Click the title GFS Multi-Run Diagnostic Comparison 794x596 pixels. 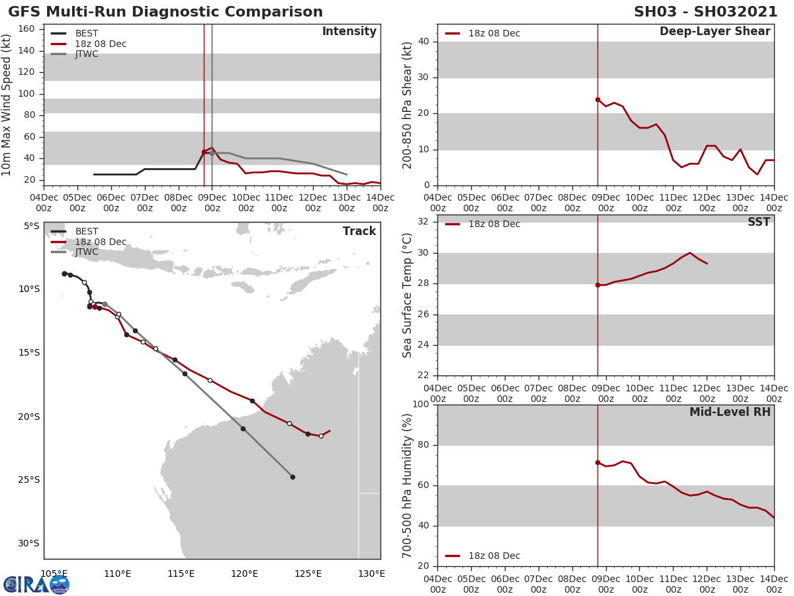(x=165, y=12)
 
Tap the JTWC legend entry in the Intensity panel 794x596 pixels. (x=87, y=54)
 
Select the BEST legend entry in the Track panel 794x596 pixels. (x=87, y=232)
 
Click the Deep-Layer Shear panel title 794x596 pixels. (x=715, y=32)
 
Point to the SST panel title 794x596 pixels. (x=758, y=223)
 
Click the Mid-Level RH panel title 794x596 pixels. (x=730, y=413)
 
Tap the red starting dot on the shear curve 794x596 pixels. (x=597, y=99)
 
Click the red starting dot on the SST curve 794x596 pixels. (x=597, y=285)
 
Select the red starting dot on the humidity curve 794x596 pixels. (x=597, y=462)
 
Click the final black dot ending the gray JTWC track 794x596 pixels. (x=292, y=477)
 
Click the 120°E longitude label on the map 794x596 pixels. (x=245, y=573)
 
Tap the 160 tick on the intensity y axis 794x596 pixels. (x=26, y=29)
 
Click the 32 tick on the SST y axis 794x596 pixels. (x=422, y=222)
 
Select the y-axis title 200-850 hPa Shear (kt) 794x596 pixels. (x=408, y=105)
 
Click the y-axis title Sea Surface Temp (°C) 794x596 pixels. (x=408, y=295)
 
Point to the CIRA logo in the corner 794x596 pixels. (x=36, y=584)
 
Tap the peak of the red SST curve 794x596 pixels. (x=689, y=252)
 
